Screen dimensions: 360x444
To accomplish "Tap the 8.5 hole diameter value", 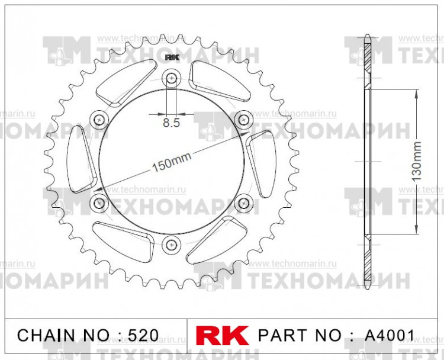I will click(x=172, y=124).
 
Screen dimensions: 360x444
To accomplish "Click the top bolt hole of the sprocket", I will click(x=172, y=78).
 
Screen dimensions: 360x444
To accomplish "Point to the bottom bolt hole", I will click(x=172, y=244).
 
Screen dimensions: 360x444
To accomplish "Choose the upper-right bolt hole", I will click(x=243, y=120).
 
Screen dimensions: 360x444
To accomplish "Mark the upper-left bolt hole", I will click(x=99, y=120).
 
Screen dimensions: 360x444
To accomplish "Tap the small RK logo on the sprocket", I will click(x=172, y=57).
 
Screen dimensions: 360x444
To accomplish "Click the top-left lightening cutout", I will click(x=121, y=89).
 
